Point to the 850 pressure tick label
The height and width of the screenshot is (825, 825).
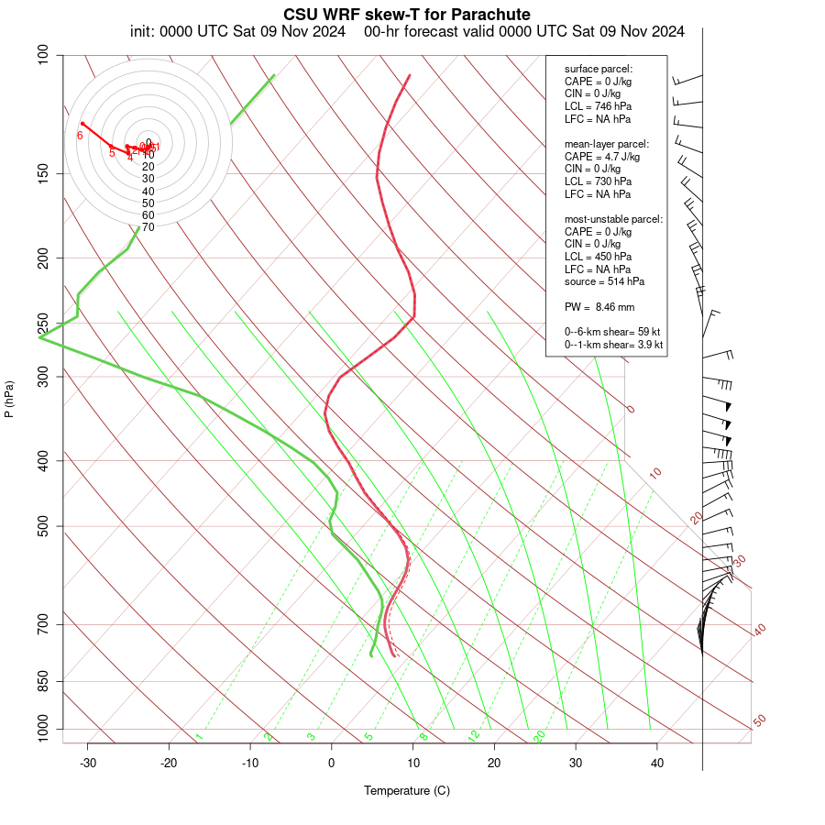[44, 682]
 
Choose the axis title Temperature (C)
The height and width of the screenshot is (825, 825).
[407, 790]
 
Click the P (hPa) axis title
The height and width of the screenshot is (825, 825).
[9, 399]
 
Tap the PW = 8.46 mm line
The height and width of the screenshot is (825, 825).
[599, 307]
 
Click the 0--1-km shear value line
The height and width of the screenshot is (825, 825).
[613, 345]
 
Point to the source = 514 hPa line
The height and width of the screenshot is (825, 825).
[604, 281]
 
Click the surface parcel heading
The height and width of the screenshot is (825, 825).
[598, 69]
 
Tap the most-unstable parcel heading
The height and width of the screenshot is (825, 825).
[613, 219]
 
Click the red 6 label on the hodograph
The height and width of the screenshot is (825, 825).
[80, 136]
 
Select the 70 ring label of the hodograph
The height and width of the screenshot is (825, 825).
[148, 226]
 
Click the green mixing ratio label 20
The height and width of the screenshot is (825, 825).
[539, 736]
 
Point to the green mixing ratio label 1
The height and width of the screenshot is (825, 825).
[198, 736]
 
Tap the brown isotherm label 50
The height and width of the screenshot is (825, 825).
[759, 721]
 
